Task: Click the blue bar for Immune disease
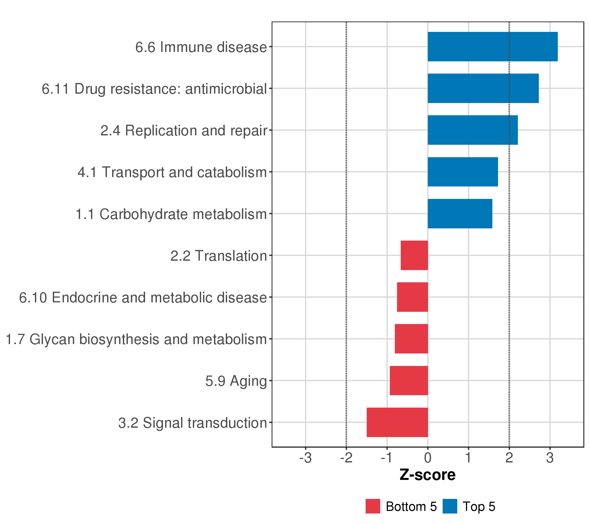click(x=493, y=47)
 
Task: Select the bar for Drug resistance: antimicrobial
click(x=483, y=88)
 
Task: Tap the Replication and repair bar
click(x=473, y=130)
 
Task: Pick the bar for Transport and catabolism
click(x=463, y=172)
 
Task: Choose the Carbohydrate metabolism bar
click(x=460, y=214)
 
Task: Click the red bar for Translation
click(x=414, y=255)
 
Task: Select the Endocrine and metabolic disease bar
click(x=412, y=297)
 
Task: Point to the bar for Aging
click(x=409, y=381)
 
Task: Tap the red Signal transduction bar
click(x=397, y=422)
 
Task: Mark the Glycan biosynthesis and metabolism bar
click(x=411, y=339)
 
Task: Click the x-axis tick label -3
click(x=305, y=458)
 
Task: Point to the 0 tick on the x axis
click(x=428, y=458)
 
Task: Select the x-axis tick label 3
click(x=550, y=458)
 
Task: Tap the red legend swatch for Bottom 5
click(x=373, y=506)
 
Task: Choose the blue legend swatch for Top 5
click(x=450, y=506)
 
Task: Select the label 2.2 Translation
click(x=219, y=256)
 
